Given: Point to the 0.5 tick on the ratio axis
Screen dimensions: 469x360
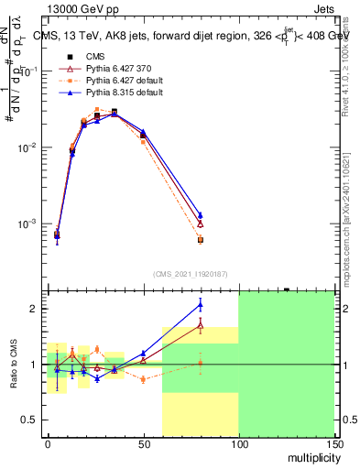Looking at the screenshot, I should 30,420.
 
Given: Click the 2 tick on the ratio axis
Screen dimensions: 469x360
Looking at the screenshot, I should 35,309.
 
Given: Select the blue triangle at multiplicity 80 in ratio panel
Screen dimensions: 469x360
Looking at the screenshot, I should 200,304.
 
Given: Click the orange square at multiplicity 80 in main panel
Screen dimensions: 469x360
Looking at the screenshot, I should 200,240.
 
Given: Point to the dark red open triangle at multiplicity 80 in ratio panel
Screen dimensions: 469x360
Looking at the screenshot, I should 200,324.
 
